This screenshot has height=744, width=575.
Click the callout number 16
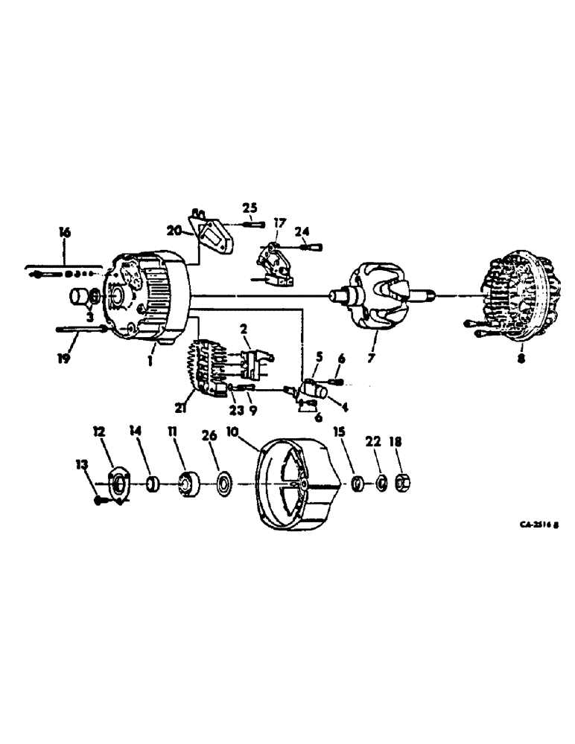coord(65,233)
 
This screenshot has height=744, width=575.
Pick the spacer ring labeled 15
coord(358,484)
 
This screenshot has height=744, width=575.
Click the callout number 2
coord(243,328)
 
